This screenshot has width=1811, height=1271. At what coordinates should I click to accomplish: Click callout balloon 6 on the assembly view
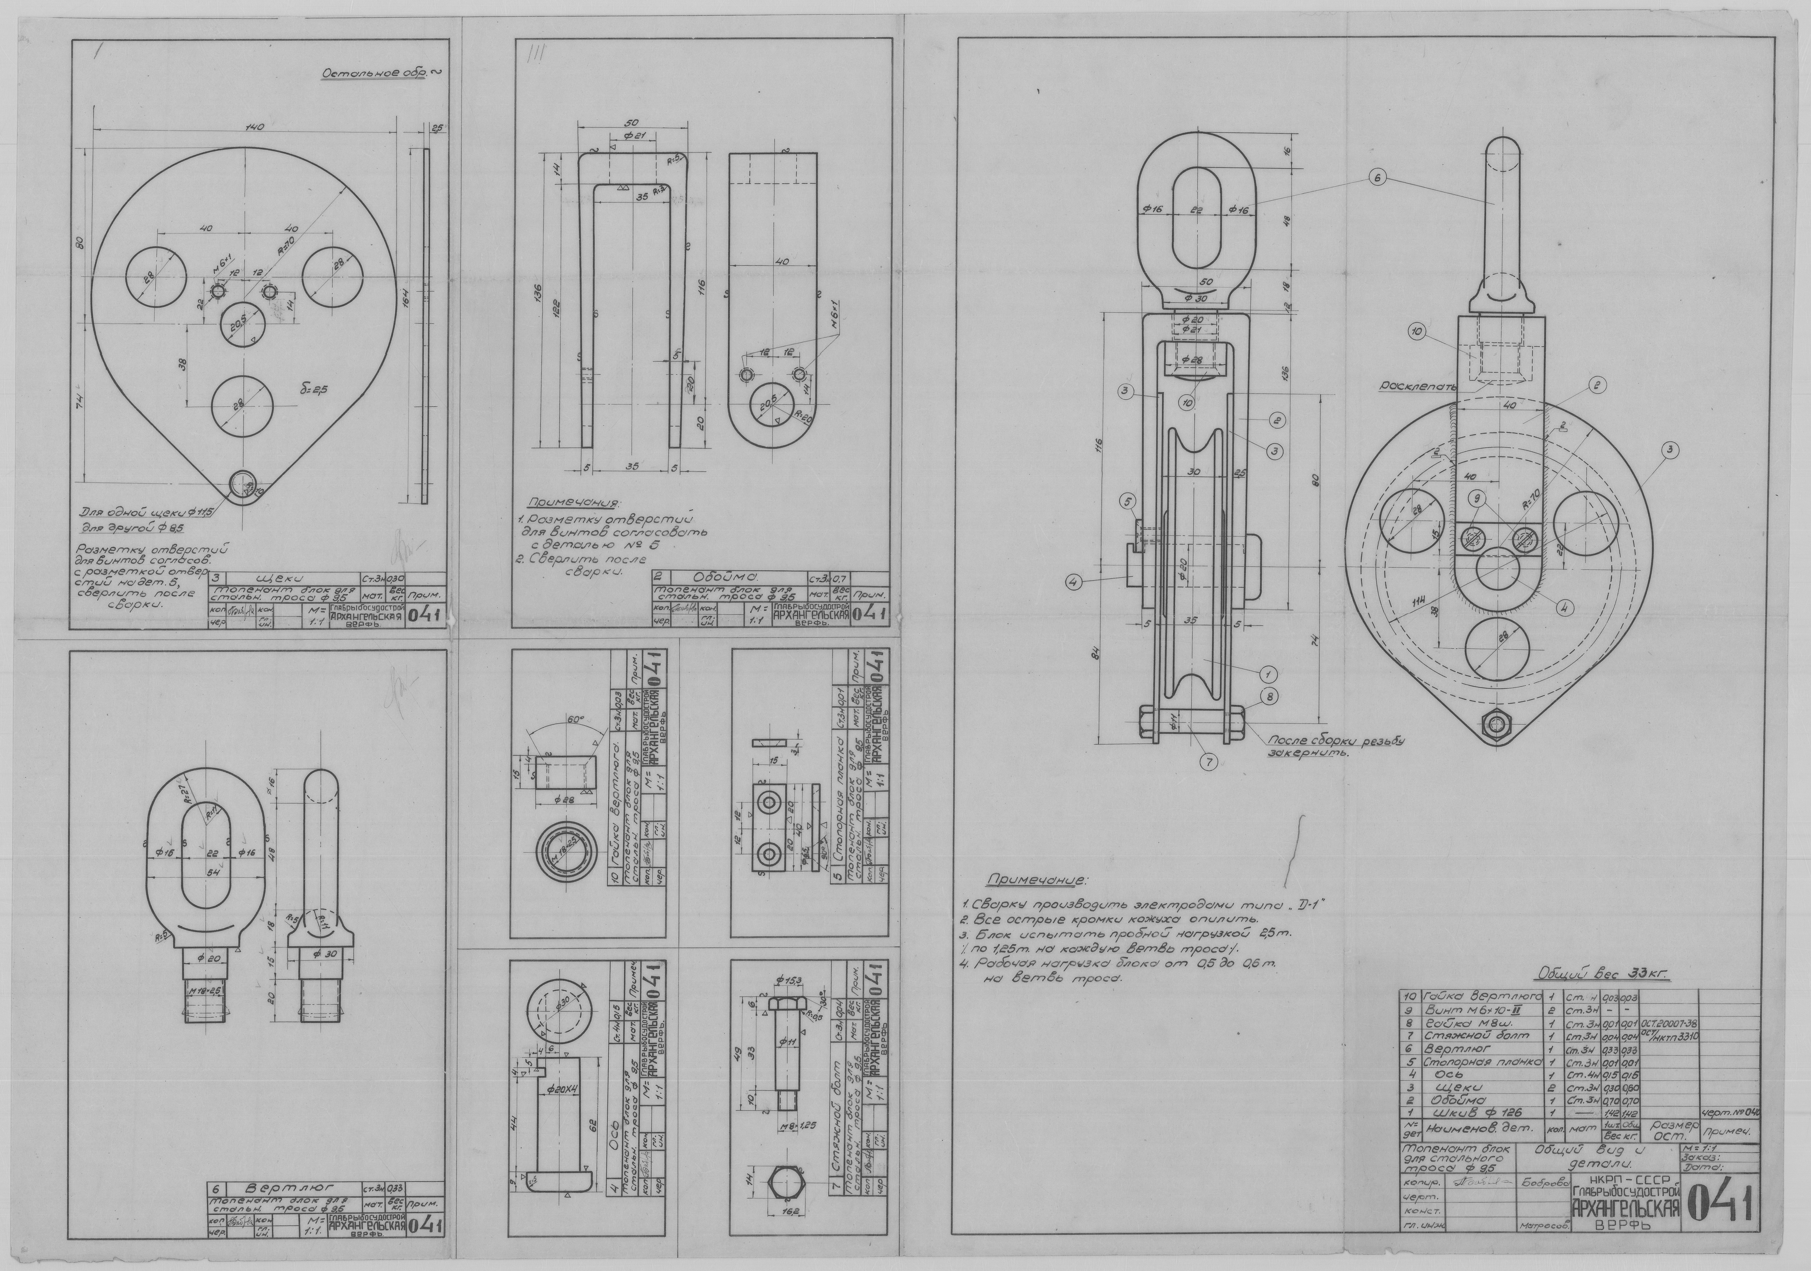click(1377, 178)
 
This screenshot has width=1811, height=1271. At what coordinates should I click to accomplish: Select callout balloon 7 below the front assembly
click(1209, 761)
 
